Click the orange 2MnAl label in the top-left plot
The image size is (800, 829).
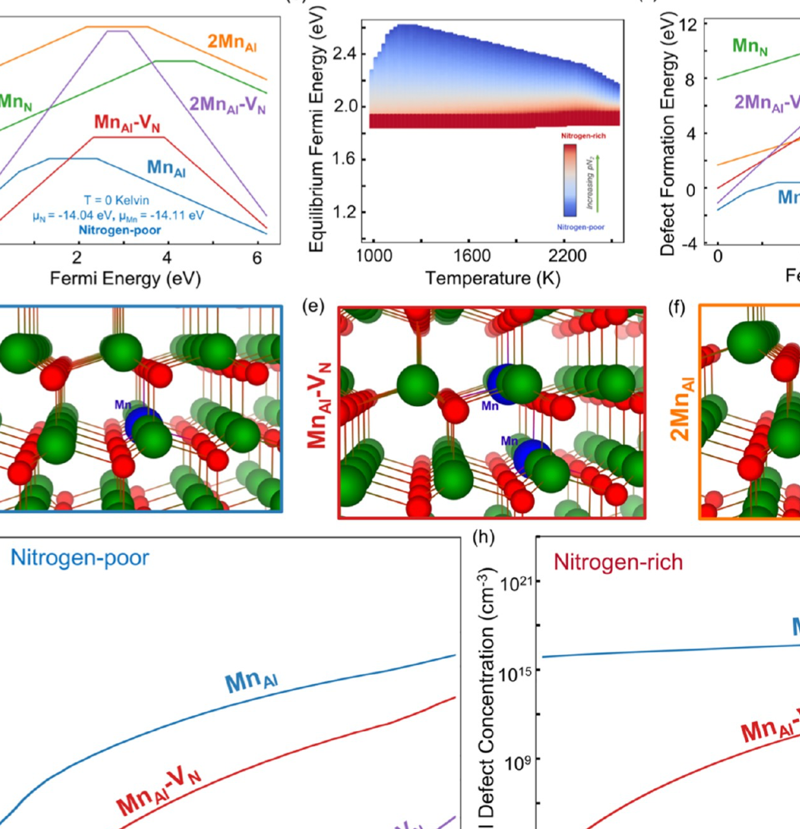click(231, 43)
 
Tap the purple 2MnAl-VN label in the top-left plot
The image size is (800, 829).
click(227, 104)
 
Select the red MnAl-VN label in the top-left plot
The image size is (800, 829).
click(126, 122)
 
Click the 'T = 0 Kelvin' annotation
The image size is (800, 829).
click(117, 200)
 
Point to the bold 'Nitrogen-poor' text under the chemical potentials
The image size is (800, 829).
click(120, 230)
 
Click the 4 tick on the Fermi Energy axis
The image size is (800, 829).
click(167, 257)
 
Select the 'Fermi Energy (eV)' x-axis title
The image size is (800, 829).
click(125, 278)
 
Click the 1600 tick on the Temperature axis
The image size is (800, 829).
click(471, 255)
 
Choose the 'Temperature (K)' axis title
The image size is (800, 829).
click(492, 278)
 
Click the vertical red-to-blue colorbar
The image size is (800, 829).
click(570, 180)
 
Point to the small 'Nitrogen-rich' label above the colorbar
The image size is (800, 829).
click(583, 136)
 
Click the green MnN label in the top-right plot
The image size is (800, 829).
click(750, 47)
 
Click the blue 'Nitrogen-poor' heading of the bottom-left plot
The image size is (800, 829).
click(80, 558)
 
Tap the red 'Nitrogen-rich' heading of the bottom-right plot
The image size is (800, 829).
click(618, 562)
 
